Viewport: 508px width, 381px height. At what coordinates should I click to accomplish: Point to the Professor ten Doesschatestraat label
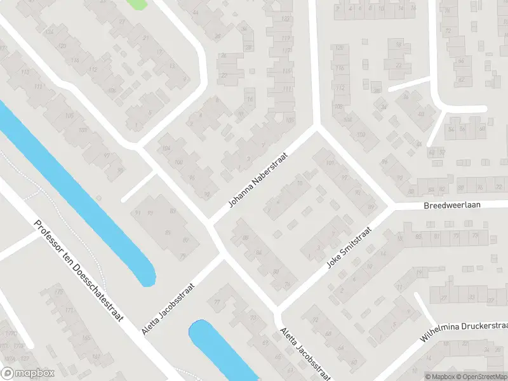[x=79, y=271]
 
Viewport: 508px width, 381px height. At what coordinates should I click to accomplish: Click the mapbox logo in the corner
[x=28, y=373]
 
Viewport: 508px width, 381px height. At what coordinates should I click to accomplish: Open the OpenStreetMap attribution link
[x=483, y=377]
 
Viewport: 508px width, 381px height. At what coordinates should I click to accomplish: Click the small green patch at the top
[x=137, y=3]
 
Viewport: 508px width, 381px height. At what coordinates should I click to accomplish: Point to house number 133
[x=285, y=20]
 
